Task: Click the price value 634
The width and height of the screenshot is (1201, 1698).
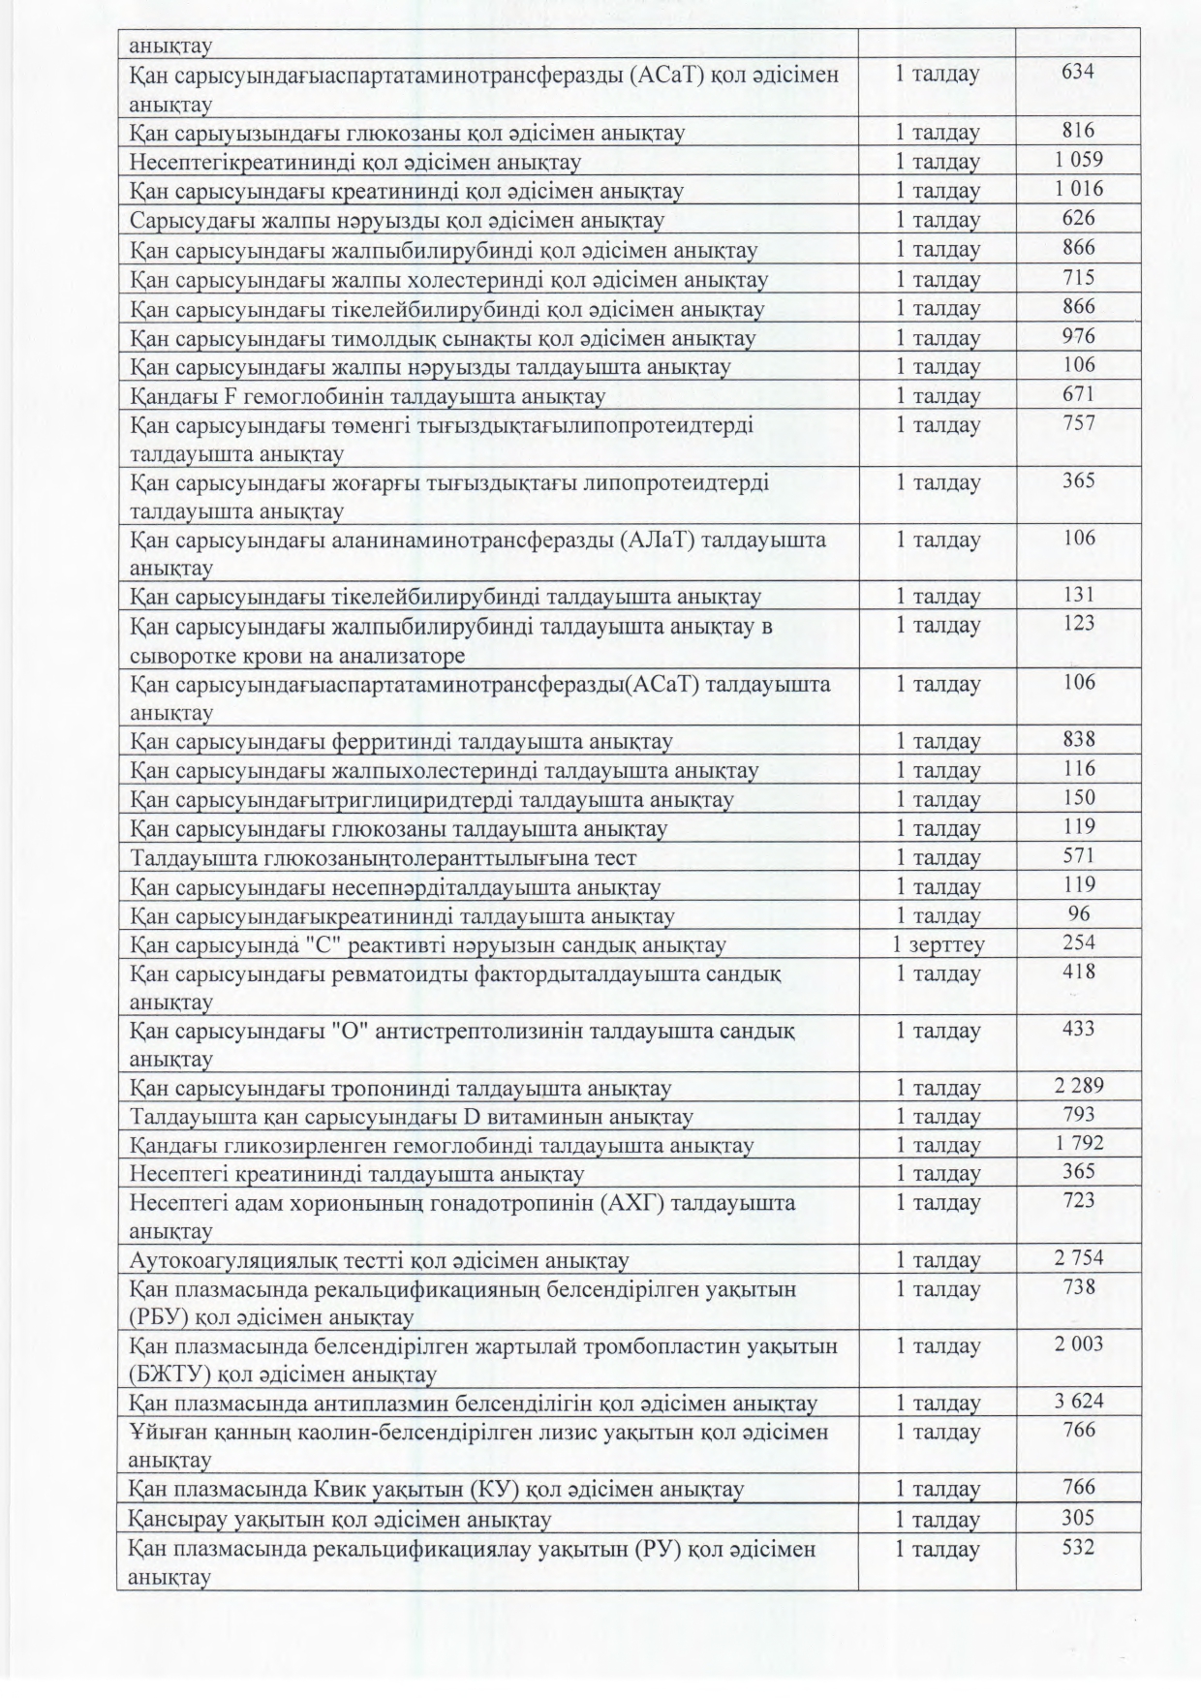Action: pyautogui.click(x=1078, y=72)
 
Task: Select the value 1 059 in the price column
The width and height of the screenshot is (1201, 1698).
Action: pyautogui.click(x=1078, y=160)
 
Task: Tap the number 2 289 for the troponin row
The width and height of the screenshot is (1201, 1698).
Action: pyautogui.click(x=1078, y=1086)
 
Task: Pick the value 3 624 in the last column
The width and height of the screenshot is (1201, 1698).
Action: pyautogui.click(x=1078, y=1402)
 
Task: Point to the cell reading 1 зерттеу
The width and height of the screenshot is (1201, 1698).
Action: pyautogui.click(x=938, y=944)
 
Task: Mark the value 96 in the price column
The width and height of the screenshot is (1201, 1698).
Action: pyautogui.click(x=1078, y=913)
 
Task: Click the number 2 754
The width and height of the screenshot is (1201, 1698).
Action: pyautogui.click(x=1078, y=1258)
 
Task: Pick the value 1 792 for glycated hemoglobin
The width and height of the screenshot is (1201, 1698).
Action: pyautogui.click(x=1078, y=1143)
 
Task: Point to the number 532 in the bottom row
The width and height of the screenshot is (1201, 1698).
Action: pyautogui.click(x=1078, y=1548)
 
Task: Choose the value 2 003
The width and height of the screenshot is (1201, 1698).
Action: pyautogui.click(x=1078, y=1344)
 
